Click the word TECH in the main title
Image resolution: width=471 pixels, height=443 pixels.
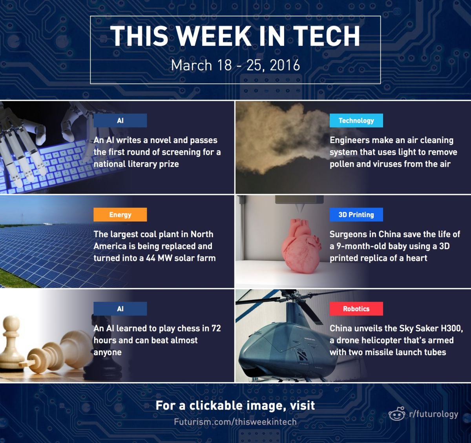(x=326, y=36)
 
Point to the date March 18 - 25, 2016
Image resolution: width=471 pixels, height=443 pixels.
(x=235, y=65)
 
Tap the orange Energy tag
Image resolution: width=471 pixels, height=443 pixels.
(x=120, y=214)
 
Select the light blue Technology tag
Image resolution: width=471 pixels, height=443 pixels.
(x=356, y=121)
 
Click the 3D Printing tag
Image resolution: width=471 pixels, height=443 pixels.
(x=356, y=214)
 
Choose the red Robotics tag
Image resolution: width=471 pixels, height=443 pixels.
(x=356, y=309)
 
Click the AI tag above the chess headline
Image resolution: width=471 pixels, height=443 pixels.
(x=120, y=309)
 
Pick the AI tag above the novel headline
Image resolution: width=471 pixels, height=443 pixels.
(x=120, y=121)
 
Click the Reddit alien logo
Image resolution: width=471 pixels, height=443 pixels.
(x=397, y=413)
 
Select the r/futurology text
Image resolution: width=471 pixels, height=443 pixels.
(x=434, y=414)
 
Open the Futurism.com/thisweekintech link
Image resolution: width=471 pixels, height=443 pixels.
(x=235, y=422)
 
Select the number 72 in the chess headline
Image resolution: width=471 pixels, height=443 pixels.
(x=216, y=329)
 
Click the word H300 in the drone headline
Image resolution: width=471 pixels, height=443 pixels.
(x=452, y=329)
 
